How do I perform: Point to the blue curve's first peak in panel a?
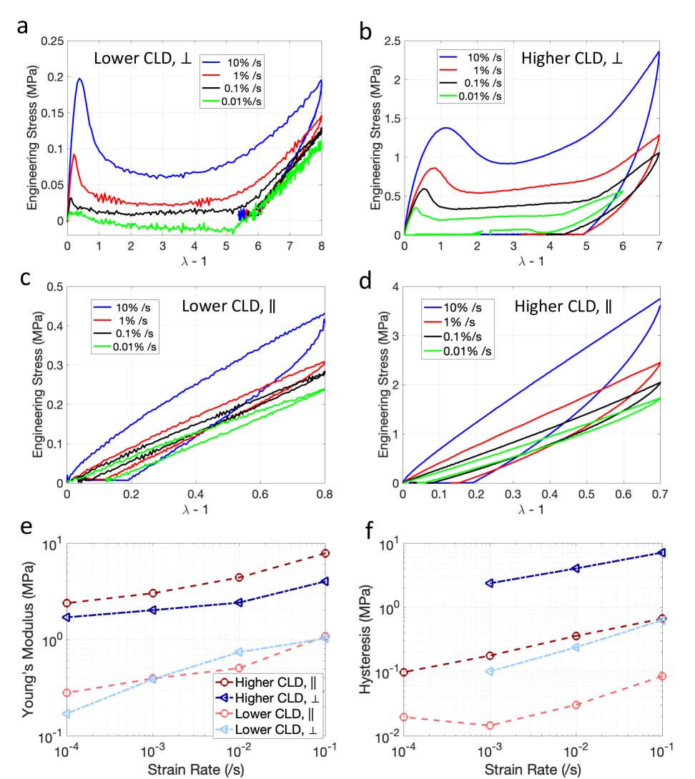(79, 79)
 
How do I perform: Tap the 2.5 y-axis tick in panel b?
(390, 42)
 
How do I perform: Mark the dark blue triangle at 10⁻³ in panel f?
(489, 583)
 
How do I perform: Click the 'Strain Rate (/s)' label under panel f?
(532, 768)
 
